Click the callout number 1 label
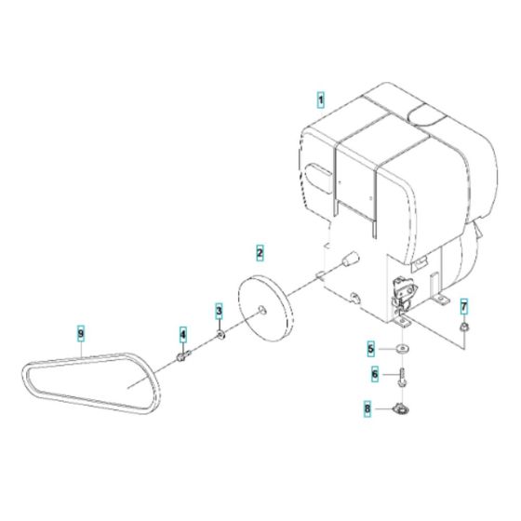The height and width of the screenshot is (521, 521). point(321,98)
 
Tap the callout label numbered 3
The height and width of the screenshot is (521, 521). point(220,310)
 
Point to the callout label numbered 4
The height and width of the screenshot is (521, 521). point(183,334)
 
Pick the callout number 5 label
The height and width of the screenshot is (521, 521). point(370,350)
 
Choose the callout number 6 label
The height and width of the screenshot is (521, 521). point(375,374)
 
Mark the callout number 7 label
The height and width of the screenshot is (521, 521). point(464,306)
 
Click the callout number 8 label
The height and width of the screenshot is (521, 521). point(369,407)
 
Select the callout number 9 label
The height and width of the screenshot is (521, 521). point(81,332)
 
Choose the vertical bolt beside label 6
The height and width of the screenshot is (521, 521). point(402,379)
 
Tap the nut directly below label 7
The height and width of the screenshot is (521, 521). point(464,327)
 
